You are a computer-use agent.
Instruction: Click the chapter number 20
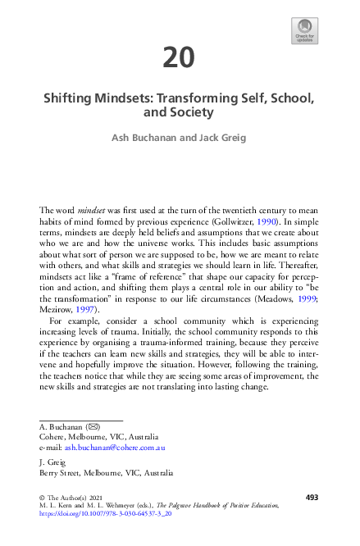click(x=179, y=58)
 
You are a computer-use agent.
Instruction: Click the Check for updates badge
click(x=305, y=30)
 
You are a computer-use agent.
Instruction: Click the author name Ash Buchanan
click(x=144, y=138)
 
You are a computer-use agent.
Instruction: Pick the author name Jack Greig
click(x=218, y=138)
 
